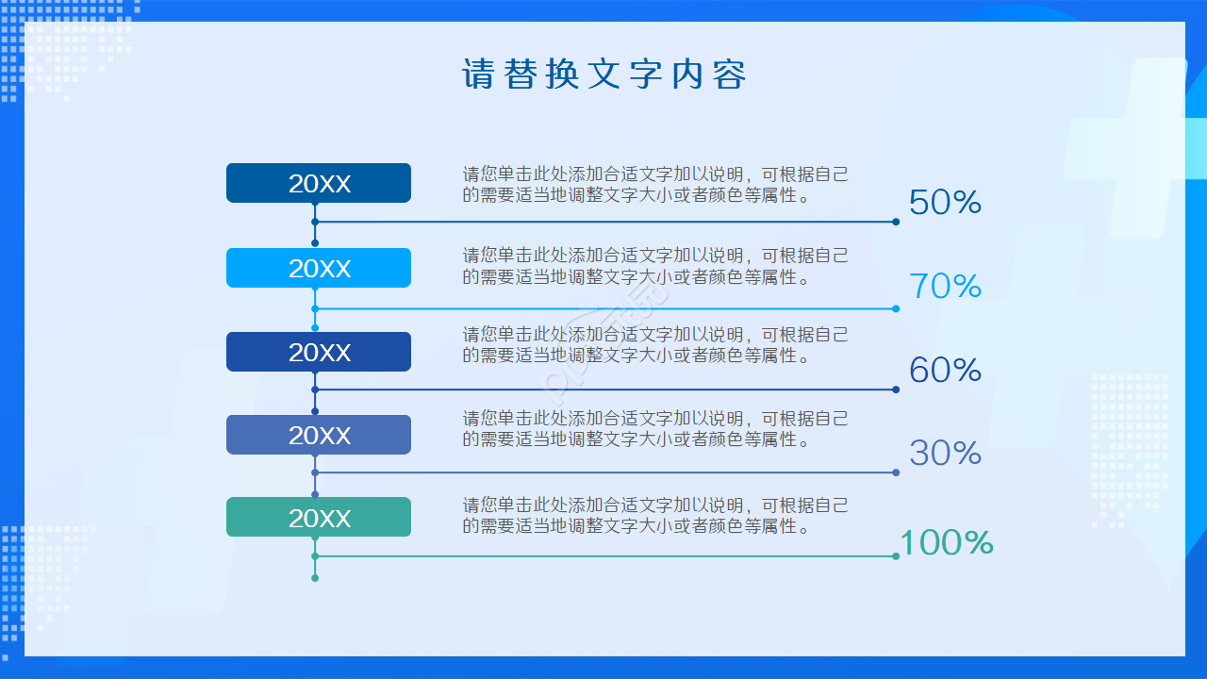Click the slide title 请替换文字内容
[603, 75]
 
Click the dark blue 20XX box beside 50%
[319, 183]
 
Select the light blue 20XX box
[319, 268]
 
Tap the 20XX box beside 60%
[319, 352]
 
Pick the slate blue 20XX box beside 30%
[319, 435]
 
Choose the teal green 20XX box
[319, 517]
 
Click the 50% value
[945, 202]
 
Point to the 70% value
[945, 286]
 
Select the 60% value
[945, 370]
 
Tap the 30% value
[945, 453]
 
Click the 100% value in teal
[946, 542]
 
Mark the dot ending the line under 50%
[896, 223]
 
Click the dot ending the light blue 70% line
[896, 308]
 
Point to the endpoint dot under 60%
[896, 389]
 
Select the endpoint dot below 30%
[896, 472]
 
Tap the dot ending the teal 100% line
[896, 556]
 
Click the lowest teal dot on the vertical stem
[315, 578]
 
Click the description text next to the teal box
[654, 516]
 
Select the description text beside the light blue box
[654, 267]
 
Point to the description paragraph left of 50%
[654, 185]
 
